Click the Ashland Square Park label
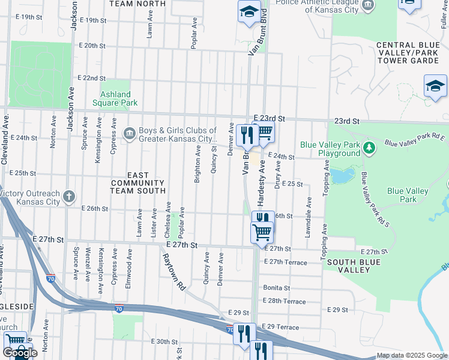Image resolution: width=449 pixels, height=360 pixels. click(115, 98)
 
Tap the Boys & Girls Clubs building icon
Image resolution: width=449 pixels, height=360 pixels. click(129, 133)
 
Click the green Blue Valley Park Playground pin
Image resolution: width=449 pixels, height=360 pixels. click(371, 147)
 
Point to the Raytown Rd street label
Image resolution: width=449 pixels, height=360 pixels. click(173, 272)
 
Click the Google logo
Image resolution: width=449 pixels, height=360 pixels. click(20, 352)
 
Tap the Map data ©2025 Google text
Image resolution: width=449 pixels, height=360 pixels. click(412, 356)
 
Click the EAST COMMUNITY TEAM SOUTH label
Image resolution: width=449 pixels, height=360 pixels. click(137, 186)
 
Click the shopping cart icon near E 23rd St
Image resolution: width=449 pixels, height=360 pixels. click(264, 133)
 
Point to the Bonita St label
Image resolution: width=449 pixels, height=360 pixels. click(276, 288)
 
